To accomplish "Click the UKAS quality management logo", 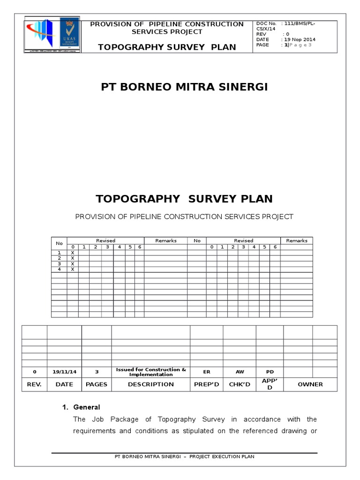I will [69, 36].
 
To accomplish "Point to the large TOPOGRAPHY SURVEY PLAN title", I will [184, 199].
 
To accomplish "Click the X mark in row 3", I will [73, 264].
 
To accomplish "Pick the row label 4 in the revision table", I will [59, 270].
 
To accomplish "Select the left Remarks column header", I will [166, 240].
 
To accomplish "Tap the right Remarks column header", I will [297, 240].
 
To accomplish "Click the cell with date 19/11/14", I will [64, 372].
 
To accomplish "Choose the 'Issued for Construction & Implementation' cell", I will [151, 372].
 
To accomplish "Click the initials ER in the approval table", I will [206, 372].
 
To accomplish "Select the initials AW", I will [240, 372].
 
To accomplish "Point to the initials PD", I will [270, 372].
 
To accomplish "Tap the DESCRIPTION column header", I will [151, 384].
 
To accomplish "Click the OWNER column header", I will [310, 384].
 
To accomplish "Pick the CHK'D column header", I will [240, 384].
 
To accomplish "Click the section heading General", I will [87, 407].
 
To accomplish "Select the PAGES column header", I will [97, 384].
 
